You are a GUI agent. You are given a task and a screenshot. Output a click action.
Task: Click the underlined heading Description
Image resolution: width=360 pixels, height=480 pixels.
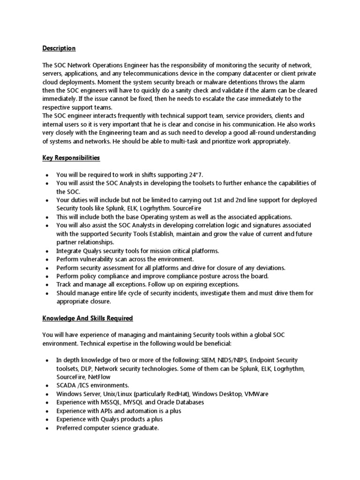[x=59, y=48]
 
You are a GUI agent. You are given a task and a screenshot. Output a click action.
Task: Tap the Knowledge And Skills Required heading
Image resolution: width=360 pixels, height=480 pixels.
[x=88, y=318]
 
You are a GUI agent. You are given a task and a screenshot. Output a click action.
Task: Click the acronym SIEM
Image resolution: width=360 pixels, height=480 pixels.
[x=209, y=360]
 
